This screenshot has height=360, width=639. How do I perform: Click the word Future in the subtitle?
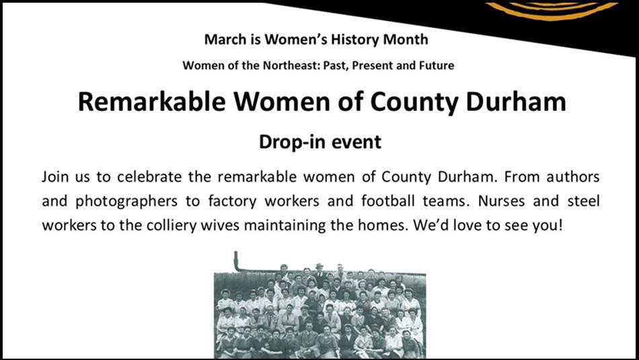tap(436, 65)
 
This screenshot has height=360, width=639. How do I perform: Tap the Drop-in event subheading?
tap(320, 142)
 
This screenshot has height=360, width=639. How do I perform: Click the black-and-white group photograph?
tap(319, 310)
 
